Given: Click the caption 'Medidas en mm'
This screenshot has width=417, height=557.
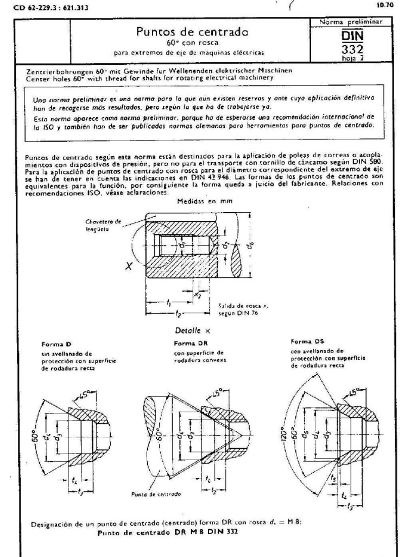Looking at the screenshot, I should coord(197,201).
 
